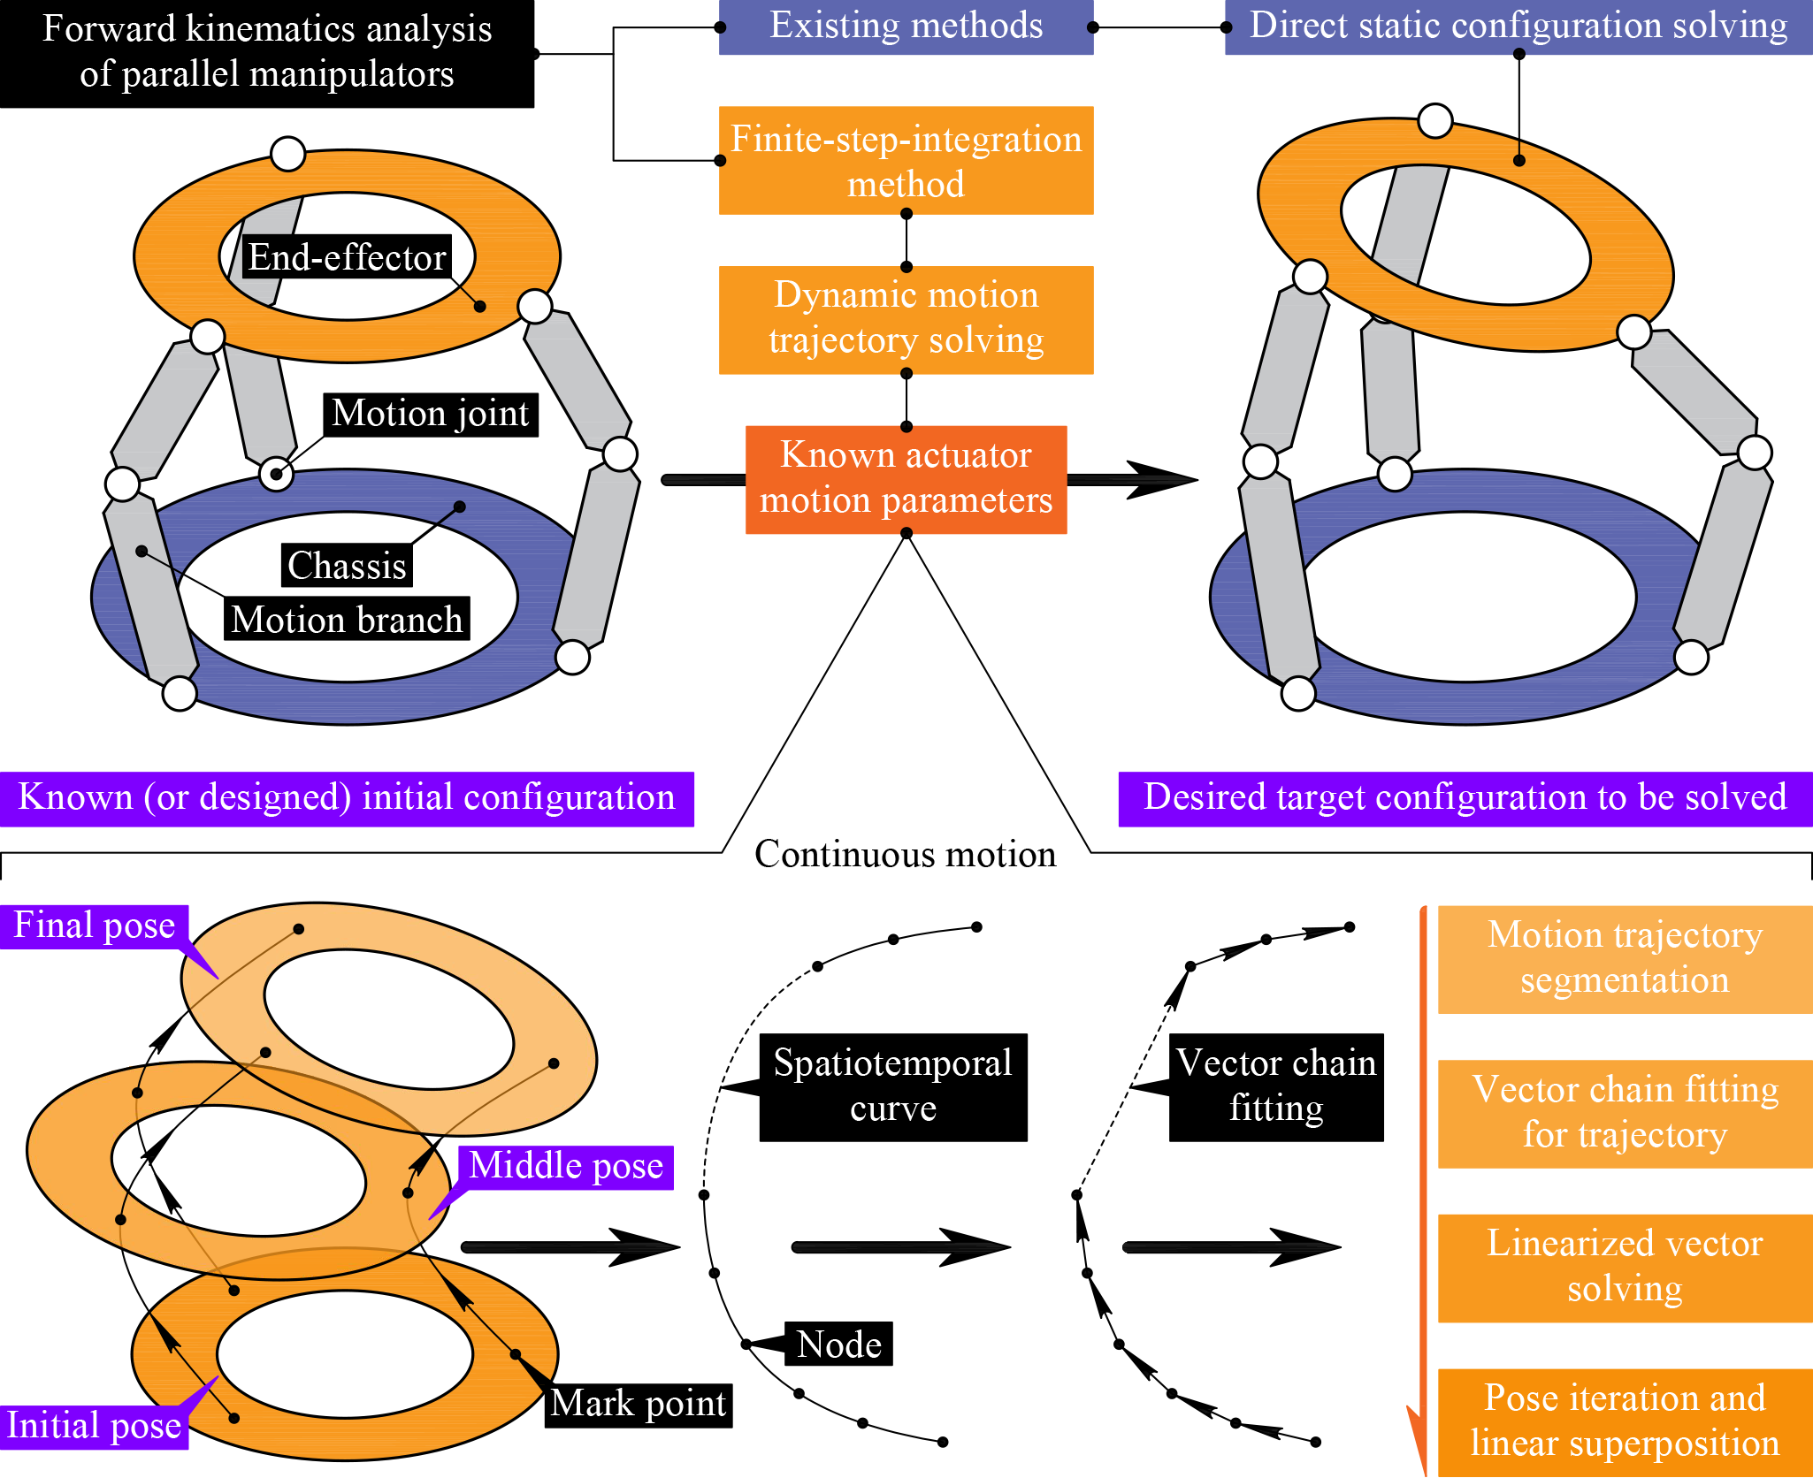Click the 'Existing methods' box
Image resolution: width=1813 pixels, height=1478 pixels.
906,27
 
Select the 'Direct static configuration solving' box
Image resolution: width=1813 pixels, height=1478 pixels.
1518,27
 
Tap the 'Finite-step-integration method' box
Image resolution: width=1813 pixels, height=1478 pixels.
906,161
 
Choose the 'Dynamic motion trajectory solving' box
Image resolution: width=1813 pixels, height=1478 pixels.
906,319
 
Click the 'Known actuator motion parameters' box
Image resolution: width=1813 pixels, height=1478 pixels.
906,479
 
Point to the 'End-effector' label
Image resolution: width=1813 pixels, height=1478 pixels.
347,257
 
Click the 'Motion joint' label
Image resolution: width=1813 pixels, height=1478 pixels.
430,414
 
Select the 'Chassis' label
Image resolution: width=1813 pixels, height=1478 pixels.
347,566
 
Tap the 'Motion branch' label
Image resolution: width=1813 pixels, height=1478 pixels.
347,619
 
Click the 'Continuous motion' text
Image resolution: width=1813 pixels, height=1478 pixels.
905,854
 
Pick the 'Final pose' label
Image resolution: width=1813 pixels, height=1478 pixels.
94,926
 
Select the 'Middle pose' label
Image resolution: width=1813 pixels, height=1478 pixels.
566,1167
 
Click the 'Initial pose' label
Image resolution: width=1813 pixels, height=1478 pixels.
94,1426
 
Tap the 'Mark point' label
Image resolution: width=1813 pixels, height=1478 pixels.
638,1404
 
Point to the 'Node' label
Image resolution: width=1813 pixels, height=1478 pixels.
838,1344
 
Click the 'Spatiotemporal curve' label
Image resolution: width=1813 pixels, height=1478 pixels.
892,1086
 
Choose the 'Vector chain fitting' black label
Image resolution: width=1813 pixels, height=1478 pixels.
1275,1086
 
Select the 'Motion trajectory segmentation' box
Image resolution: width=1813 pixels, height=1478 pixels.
1624,959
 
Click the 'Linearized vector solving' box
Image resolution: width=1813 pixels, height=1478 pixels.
1624,1268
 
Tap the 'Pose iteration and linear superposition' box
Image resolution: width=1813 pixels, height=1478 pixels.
1624,1421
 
